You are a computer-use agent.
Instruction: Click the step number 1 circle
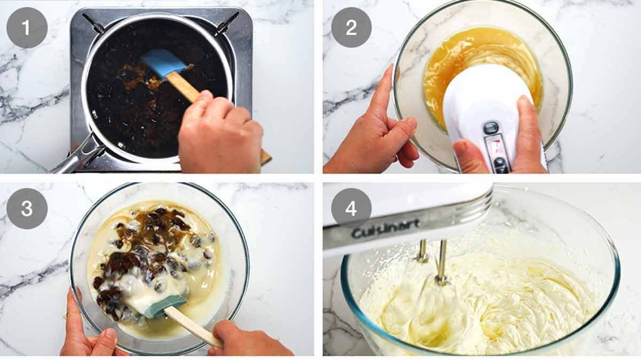tap(27, 27)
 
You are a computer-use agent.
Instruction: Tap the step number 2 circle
tap(351, 27)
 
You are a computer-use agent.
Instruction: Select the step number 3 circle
tap(27, 208)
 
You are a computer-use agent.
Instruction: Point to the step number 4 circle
tap(351, 208)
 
